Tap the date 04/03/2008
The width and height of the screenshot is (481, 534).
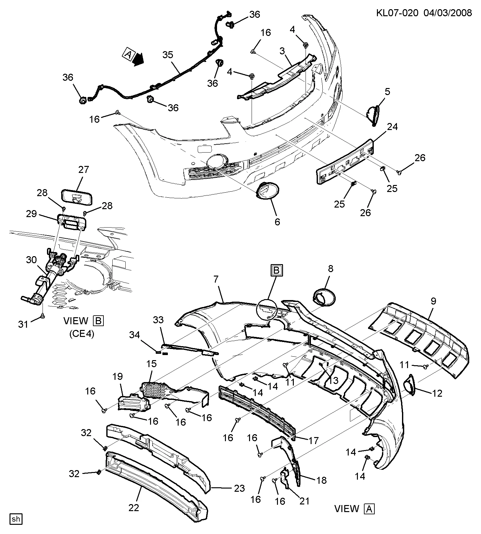[448, 13]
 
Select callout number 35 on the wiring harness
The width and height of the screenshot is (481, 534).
[168, 55]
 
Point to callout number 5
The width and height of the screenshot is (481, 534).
[387, 92]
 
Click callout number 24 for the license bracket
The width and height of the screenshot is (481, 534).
[392, 127]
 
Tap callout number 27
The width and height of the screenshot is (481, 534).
[84, 169]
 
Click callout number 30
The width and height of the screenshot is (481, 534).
[31, 260]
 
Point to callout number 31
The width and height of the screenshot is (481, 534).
[23, 324]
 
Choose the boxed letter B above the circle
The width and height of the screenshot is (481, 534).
[276, 270]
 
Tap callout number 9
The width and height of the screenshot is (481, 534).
[433, 301]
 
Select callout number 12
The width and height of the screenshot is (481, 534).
[437, 393]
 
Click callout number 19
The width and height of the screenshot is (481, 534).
[117, 377]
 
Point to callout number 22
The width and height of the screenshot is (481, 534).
[134, 508]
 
